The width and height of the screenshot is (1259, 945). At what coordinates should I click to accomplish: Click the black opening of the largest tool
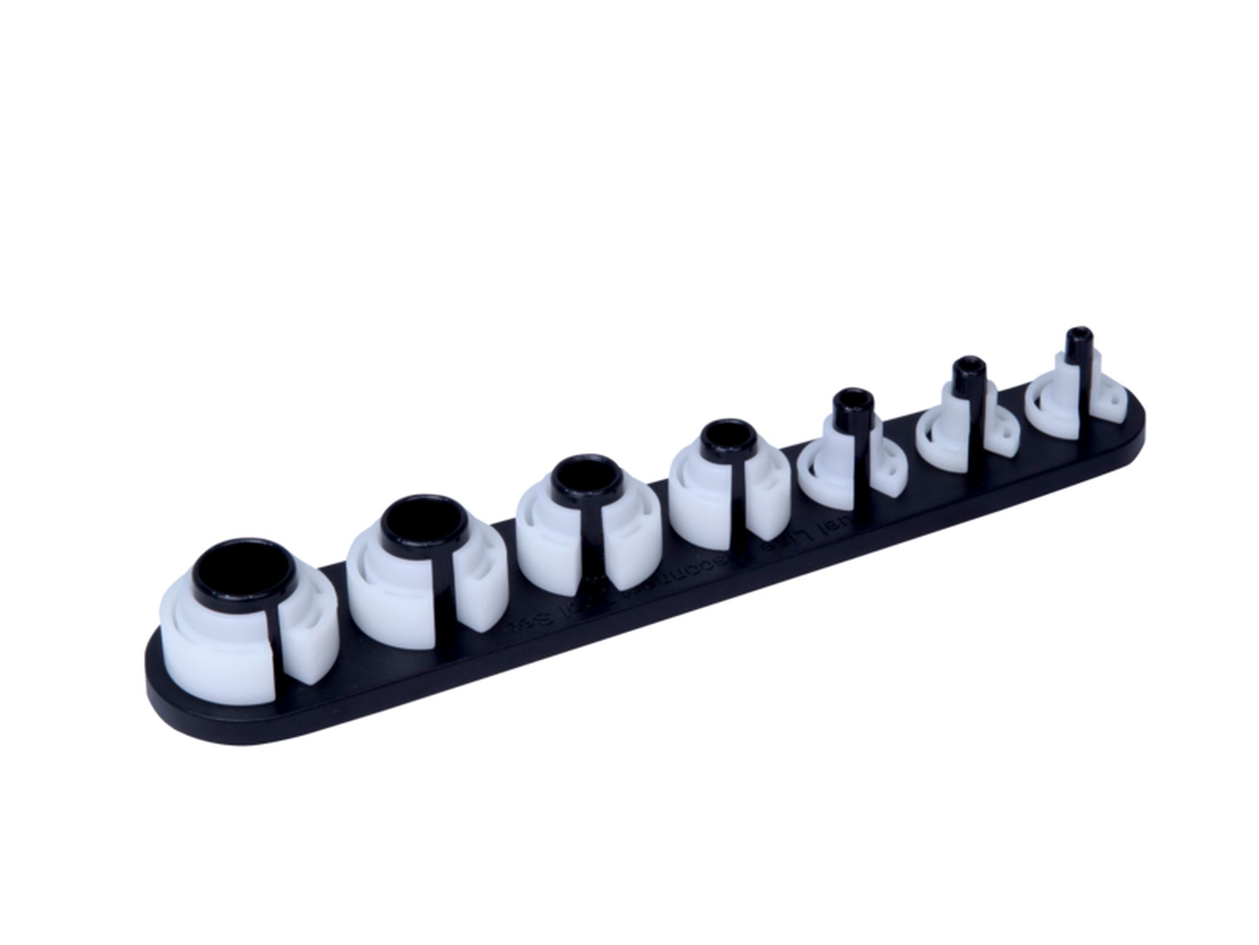click(x=245, y=575)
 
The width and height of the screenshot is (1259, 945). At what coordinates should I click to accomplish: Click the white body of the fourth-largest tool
click(x=699, y=498)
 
